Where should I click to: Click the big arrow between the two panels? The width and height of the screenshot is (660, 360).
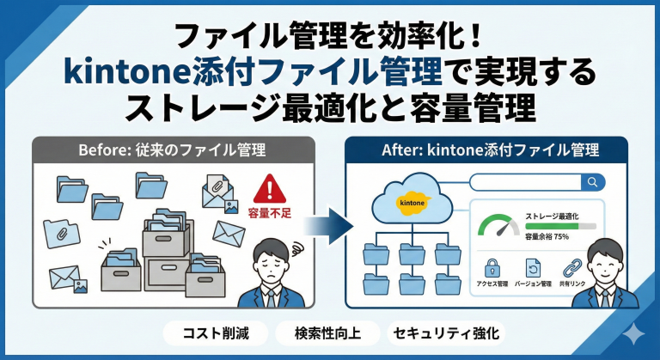pyautogui.click(x=329, y=226)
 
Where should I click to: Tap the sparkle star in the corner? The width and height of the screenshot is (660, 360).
pyautogui.click(x=634, y=334)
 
